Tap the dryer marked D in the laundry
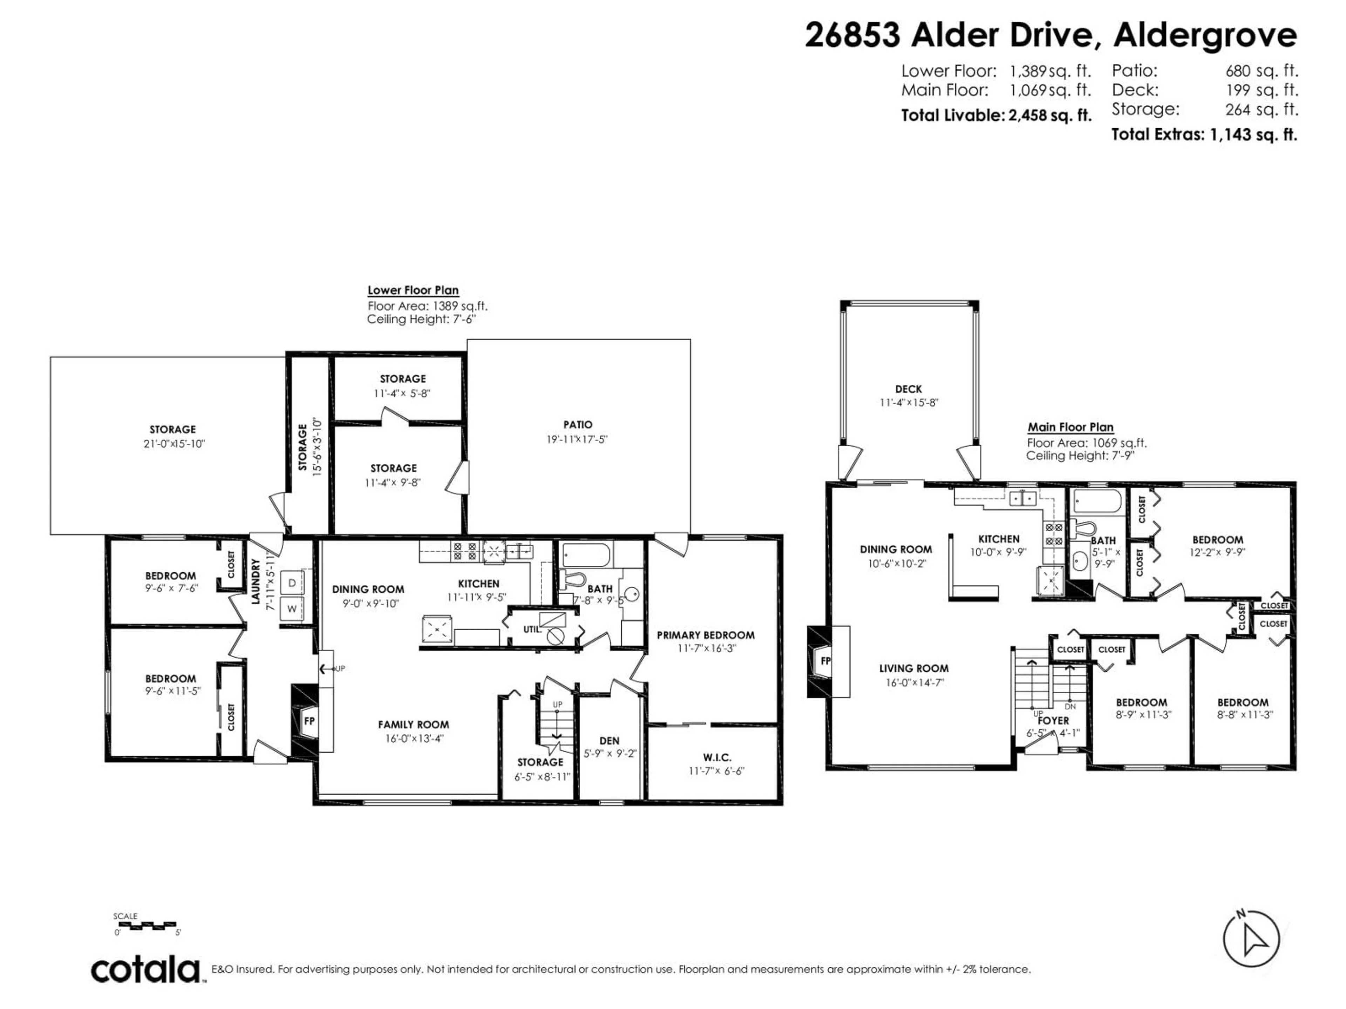[292, 583]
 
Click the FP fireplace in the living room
[826, 661]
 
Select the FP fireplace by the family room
[309, 721]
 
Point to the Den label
[609, 741]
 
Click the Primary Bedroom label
[706, 635]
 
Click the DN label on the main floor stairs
[1070, 707]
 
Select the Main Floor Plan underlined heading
[1071, 427]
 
